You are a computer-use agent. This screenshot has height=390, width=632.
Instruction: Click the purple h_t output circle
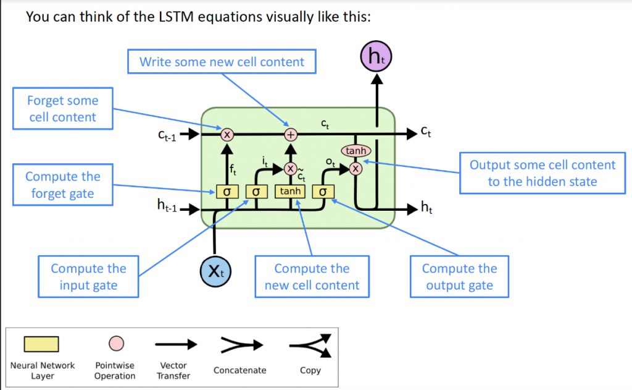(376, 58)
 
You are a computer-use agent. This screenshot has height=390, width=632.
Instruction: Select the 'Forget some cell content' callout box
(62, 108)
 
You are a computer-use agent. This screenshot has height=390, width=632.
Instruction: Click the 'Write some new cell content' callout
(222, 62)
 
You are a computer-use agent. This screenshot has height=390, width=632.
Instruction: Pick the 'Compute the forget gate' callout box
(62, 185)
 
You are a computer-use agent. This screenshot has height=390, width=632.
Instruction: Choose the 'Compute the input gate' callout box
(88, 276)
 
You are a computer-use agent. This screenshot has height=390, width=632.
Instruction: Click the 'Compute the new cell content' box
(312, 276)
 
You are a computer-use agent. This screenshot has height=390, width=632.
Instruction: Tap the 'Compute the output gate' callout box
(459, 276)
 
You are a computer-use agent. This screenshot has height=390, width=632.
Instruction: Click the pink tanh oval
(355, 150)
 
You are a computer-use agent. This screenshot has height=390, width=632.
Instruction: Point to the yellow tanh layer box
(290, 192)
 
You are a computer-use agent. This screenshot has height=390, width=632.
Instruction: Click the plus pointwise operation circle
(290, 134)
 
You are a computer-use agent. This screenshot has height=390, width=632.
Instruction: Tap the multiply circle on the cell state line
(227, 134)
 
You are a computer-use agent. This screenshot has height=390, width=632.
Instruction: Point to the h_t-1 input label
(167, 208)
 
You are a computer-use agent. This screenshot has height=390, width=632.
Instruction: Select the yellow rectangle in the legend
(41, 344)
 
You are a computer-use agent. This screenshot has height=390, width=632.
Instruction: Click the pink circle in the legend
(115, 343)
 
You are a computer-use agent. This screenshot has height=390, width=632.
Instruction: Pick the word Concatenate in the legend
(239, 370)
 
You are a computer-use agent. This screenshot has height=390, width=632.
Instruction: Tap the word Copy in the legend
(311, 370)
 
